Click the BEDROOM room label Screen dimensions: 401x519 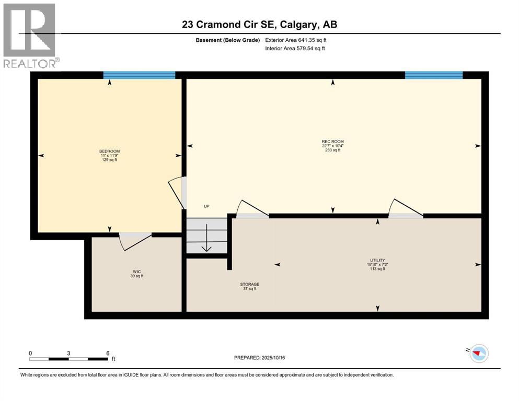coord(109,151)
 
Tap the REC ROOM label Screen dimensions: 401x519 coord(332,141)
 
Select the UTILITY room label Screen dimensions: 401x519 coord(377,260)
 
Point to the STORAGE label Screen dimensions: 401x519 coord(249,285)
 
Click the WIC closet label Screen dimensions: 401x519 coord(137,272)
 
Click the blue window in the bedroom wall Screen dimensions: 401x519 coord(139,75)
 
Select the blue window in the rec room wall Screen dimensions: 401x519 coord(433,75)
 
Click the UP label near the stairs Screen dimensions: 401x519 coord(206,206)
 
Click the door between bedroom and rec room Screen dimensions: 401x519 coord(181,192)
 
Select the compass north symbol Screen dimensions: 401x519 coord(478,354)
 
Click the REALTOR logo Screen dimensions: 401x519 coord(30,36)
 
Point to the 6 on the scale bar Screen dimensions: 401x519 coord(107,353)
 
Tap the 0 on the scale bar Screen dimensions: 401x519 coord(30,353)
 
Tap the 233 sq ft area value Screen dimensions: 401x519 coord(332,150)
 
